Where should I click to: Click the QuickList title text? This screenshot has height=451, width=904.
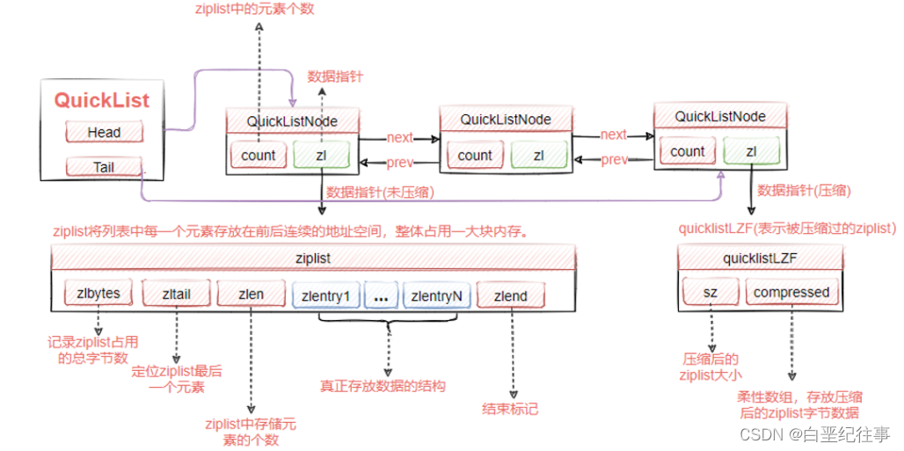click(102, 99)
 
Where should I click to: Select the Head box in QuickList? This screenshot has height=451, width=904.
click(104, 133)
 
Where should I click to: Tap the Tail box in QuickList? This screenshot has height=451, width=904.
click(104, 167)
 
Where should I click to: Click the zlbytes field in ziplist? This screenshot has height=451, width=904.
click(98, 294)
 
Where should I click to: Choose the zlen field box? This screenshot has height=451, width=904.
click(251, 295)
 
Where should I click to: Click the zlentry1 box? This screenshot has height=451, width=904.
click(325, 296)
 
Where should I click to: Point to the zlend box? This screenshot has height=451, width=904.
click(511, 296)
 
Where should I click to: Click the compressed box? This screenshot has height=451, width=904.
click(791, 292)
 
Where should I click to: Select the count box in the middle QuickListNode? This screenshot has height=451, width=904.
click(475, 155)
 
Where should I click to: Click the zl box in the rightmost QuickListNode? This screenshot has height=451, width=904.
click(751, 151)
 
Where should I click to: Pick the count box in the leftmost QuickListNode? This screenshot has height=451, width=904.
click(259, 155)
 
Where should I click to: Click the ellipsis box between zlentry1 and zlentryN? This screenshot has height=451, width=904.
click(380, 296)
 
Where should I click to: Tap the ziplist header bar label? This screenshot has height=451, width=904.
click(313, 259)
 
